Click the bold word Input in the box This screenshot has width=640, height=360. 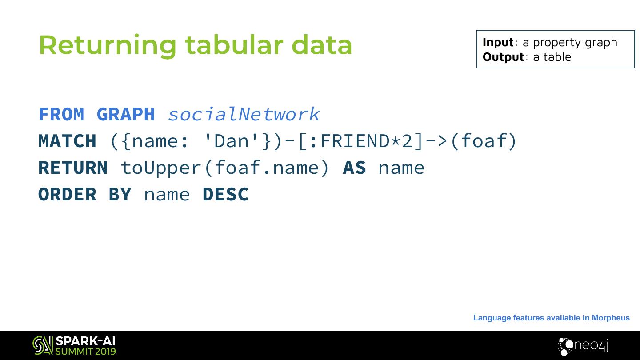click(498, 42)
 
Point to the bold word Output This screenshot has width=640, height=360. click(503, 57)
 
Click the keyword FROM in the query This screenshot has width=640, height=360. click(61, 115)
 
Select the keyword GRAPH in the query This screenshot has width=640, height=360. click(126, 115)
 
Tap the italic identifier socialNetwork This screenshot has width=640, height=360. click(244, 115)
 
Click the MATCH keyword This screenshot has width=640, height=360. click(67, 141)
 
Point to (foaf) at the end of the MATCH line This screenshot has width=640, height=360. click(484, 141)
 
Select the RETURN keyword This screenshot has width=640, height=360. click(73, 168)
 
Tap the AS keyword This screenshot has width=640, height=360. click(354, 168)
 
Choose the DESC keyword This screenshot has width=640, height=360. click(225, 195)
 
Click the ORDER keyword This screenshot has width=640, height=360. click(67, 195)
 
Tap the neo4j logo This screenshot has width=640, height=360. click(583, 346)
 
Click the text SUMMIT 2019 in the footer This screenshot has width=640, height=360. click(85, 352)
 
